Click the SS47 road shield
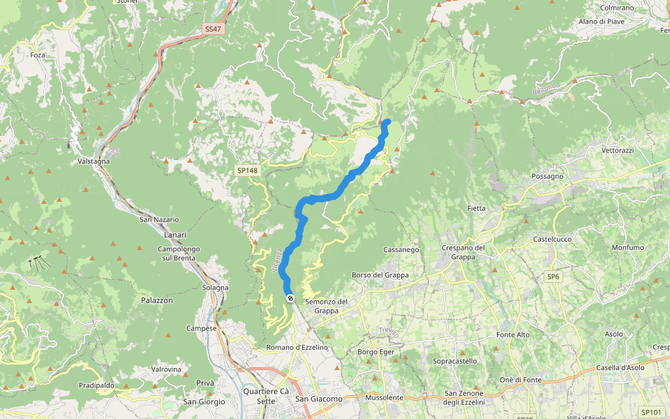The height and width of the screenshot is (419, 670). point(212,29)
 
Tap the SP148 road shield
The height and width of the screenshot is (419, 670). point(247,170)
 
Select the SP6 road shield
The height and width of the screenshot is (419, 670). point(553,277)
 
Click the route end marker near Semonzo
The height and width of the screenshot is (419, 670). point(290,299)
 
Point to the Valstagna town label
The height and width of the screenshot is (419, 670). point(95,161)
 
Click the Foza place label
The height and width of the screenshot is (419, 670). point(38,54)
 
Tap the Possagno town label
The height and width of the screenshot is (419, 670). point(547,177)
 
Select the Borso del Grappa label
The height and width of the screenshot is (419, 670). point(380,275)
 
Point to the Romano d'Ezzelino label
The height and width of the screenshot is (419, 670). point(297,347)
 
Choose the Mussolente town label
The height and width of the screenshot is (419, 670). point(384,397)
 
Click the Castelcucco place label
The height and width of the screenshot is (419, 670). point(552,239)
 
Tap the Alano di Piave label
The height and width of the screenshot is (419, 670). point(601,22)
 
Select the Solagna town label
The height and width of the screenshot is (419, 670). point(215,288)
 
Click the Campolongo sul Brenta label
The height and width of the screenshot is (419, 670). point(179,253)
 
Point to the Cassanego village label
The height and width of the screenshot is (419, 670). point(401,249)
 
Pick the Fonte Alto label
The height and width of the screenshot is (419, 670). point(512,335)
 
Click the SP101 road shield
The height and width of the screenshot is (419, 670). point(650,412)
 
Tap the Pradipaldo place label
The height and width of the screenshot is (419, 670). point(96,385)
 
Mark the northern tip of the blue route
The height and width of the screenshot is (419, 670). point(387,123)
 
